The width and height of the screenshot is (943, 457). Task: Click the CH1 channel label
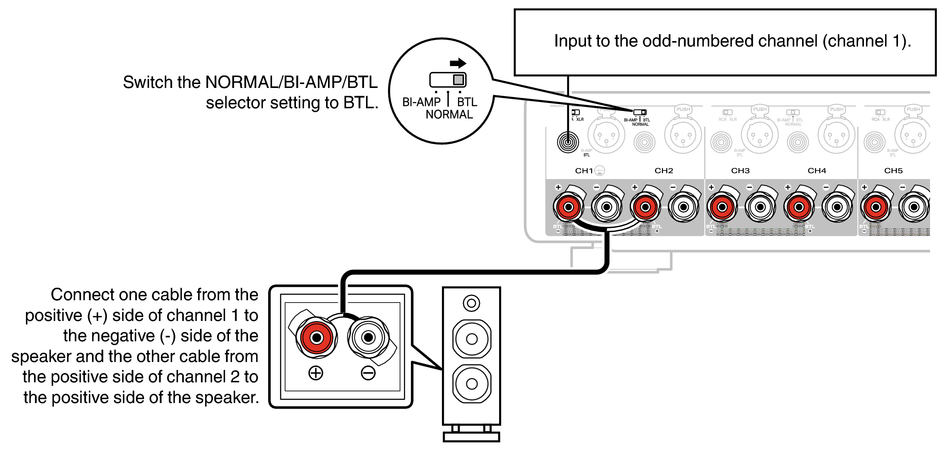584,170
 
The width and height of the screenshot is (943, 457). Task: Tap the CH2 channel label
664,170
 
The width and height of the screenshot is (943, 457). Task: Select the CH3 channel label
740,170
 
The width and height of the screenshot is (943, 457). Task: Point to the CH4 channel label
817,170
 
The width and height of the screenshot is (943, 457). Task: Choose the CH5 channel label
893,170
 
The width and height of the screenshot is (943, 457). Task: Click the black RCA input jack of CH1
568,142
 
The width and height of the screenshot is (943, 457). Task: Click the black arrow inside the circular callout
458,63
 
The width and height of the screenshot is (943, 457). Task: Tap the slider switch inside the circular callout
448,80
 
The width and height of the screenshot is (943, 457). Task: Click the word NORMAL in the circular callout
449,115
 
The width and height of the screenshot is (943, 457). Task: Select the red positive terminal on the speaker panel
316,337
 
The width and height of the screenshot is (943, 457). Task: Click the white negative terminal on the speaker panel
368,337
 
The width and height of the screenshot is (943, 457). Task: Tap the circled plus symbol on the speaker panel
316,373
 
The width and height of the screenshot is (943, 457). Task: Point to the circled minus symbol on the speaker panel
368,373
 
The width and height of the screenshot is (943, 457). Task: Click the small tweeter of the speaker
471,303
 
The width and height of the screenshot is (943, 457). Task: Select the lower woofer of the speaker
472,384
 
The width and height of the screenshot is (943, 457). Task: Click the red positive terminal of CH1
568,207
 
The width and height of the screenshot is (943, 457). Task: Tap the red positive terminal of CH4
799,207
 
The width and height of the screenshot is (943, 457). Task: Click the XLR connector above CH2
683,135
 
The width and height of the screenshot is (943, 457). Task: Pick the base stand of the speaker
471,436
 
